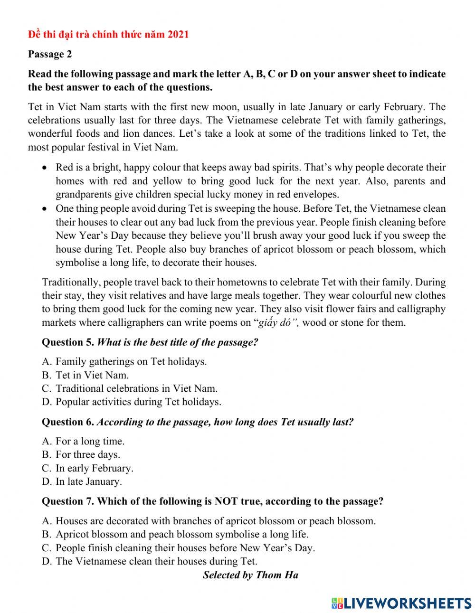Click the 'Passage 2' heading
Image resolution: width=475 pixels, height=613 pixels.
pyautogui.click(x=50, y=54)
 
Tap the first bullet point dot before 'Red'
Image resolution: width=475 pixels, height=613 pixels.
pyautogui.click(x=44, y=168)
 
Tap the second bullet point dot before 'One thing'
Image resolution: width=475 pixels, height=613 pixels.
pyautogui.click(x=44, y=208)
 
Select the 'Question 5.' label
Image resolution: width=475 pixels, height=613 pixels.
pyautogui.click(x=68, y=342)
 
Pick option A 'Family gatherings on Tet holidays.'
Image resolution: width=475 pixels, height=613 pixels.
pyautogui.click(x=124, y=361)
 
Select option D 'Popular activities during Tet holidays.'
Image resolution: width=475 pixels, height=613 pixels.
pyautogui.click(x=132, y=402)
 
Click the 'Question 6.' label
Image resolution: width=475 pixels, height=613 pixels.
pyautogui.click(x=68, y=422)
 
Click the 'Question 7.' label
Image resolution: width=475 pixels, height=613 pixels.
pyautogui.click(x=68, y=501)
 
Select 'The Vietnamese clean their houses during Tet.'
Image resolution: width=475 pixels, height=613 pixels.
pyautogui.click(x=150, y=561)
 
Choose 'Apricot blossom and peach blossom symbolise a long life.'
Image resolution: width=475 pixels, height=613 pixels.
pyautogui.click(x=175, y=534)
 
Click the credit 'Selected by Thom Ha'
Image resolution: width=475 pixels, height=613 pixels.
pyautogui.click(x=250, y=575)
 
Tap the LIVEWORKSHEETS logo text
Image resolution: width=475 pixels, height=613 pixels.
pyautogui.click(x=407, y=603)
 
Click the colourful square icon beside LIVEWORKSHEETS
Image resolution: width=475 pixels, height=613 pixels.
pyautogui.click(x=337, y=603)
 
